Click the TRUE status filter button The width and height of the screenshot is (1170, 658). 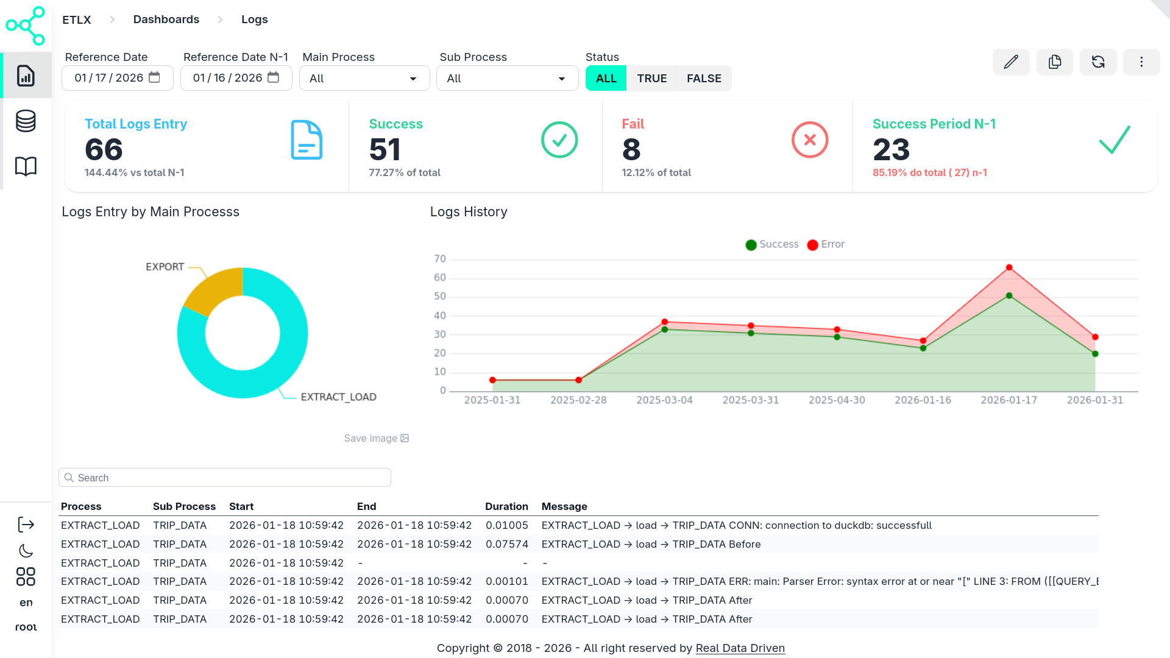pos(651,79)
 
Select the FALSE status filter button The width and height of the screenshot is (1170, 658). pos(704,79)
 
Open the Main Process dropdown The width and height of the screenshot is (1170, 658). pos(364,79)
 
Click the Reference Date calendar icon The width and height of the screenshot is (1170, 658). pos(155,77)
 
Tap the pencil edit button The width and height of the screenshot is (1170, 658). pos(1011,62)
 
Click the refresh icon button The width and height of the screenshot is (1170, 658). pos(1098,62)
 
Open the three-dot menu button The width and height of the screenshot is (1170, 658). pos(1141,62)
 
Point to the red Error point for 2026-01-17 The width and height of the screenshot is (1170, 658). pos(1009,267)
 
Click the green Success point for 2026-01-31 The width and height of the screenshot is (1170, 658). pos(1095,354)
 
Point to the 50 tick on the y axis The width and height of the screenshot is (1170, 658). pos(439,297)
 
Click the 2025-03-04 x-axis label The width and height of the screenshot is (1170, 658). pos(664,400)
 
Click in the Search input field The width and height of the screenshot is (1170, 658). pos(225,478)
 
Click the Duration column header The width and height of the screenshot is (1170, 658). pos(506,507)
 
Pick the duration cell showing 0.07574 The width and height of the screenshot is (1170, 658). pos(506,544)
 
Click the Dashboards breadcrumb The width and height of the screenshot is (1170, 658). pos(166,19)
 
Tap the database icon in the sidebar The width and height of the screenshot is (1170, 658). pos(26,121)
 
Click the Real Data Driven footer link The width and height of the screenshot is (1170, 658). pos(740,648)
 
